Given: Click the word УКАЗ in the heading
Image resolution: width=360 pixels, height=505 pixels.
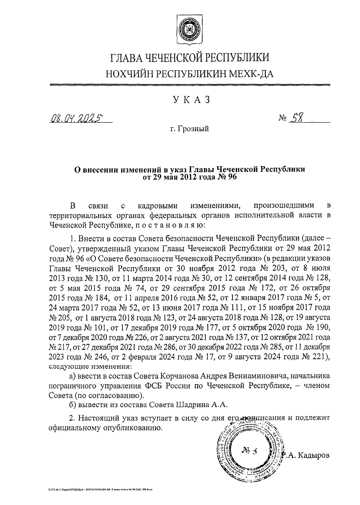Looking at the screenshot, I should tap(190, 100).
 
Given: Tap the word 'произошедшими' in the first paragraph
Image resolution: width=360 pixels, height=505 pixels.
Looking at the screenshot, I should tap(284, 206).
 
